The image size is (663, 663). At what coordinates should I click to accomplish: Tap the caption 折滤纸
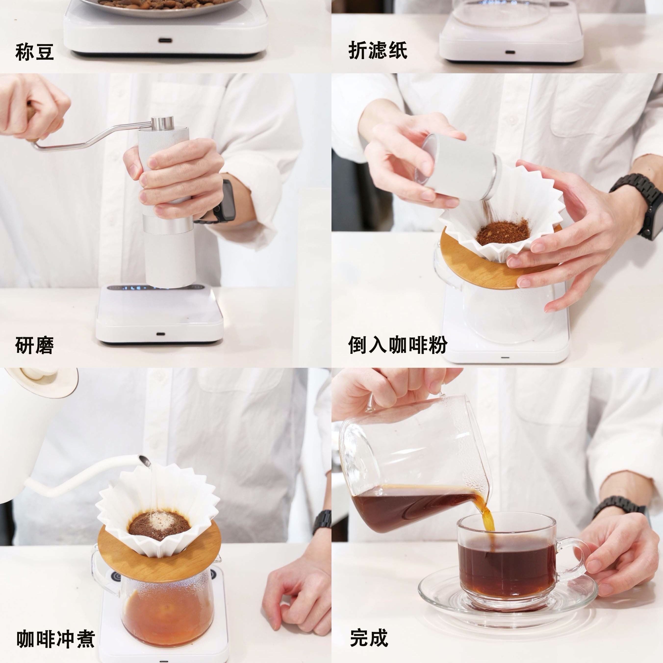378,51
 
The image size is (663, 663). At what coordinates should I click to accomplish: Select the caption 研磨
34,345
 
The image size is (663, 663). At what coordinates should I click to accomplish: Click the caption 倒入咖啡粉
398,345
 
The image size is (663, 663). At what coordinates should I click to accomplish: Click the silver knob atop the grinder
163,123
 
